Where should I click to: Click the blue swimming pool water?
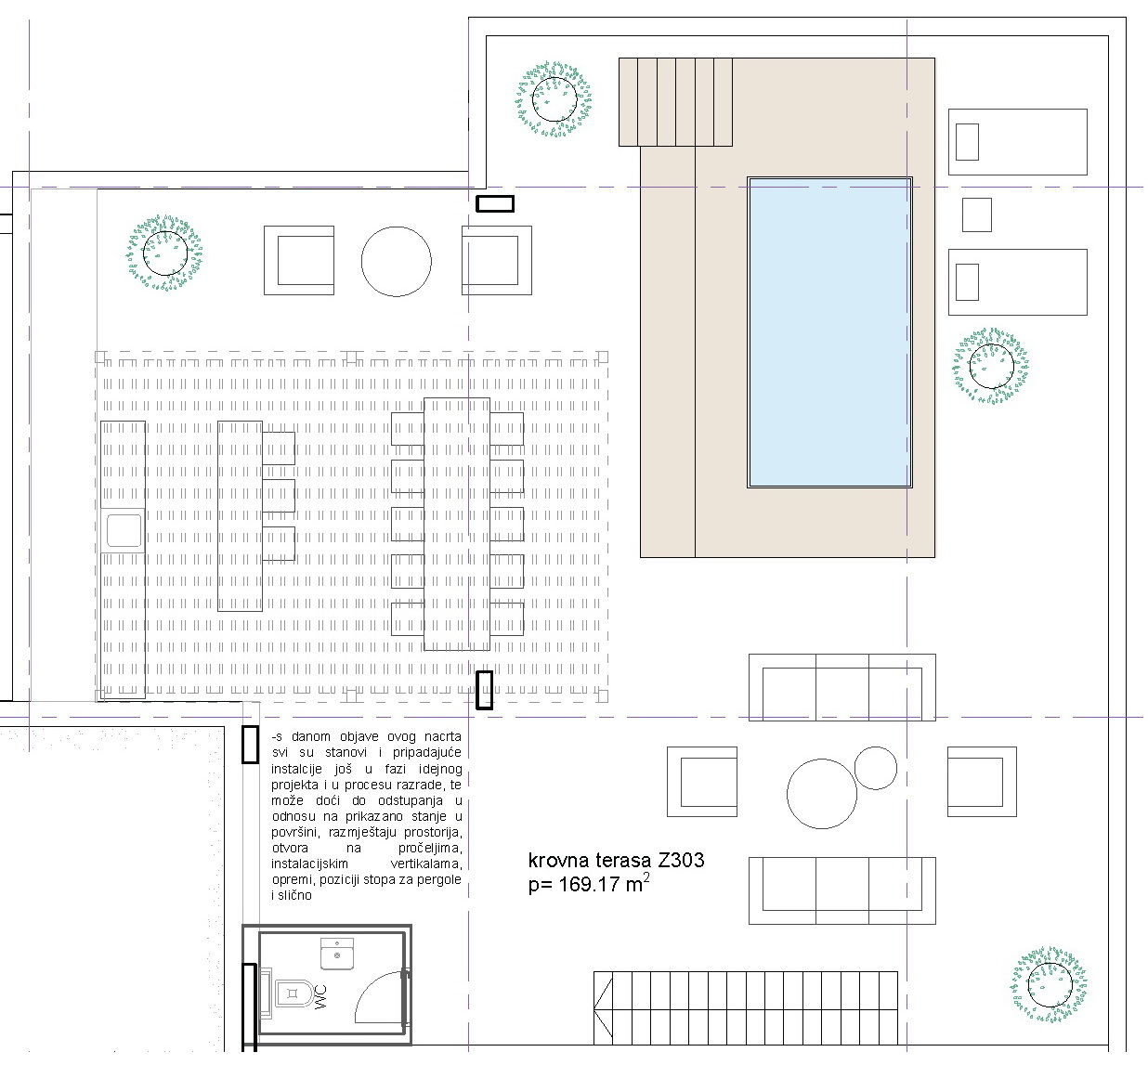(829, 332)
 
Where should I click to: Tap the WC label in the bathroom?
(320, 997)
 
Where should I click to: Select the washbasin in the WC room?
(337, 955)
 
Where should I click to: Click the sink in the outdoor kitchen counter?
(124, 530)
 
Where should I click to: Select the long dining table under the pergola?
(457, 524)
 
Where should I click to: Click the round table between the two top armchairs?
(396, 261)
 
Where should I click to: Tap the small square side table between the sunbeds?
(977, 215)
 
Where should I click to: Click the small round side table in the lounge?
(876, 768)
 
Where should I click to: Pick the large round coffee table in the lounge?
(822, 794)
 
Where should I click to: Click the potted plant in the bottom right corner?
(1050, 1001)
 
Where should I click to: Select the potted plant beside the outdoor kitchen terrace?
(164, 253)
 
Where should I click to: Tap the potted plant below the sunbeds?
(991, 366)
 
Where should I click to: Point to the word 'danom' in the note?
(311, 737)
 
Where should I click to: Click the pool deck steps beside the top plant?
(675, 102)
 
